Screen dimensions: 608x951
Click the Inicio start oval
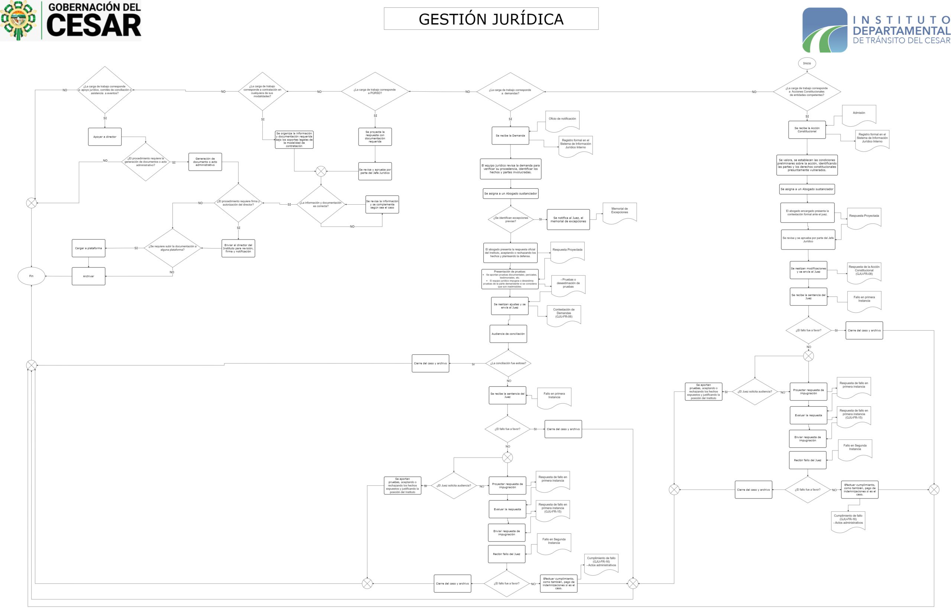806,63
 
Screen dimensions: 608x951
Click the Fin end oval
32,276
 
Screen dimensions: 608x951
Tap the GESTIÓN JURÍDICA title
491,19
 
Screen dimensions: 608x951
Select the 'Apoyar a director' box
105,137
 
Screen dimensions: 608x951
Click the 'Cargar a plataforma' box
88,248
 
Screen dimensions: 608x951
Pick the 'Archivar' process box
88,276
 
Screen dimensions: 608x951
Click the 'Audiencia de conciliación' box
508,334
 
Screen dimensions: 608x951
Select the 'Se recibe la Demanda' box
510,136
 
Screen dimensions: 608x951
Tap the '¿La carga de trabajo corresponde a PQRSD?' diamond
375,92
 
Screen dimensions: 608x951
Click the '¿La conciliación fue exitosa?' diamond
508,363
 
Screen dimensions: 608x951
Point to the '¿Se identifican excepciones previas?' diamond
511,220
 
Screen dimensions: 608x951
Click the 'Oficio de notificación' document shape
562,120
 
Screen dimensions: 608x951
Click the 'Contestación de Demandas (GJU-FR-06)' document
564,314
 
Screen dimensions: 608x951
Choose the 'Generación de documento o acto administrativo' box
205,162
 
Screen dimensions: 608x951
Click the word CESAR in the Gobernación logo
94,25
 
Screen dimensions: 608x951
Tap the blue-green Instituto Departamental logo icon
825,30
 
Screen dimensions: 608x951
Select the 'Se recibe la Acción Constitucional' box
807,130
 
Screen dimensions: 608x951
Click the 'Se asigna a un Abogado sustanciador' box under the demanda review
510,194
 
